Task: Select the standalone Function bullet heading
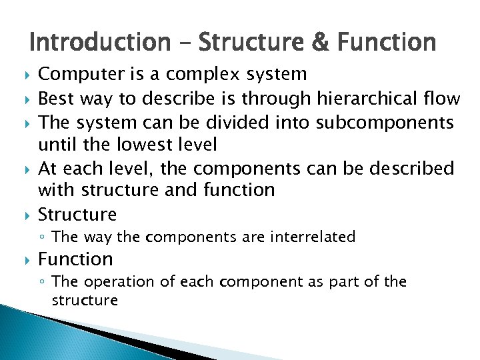click(x=75, y=259)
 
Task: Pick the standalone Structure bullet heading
click(x=77, y=214)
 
